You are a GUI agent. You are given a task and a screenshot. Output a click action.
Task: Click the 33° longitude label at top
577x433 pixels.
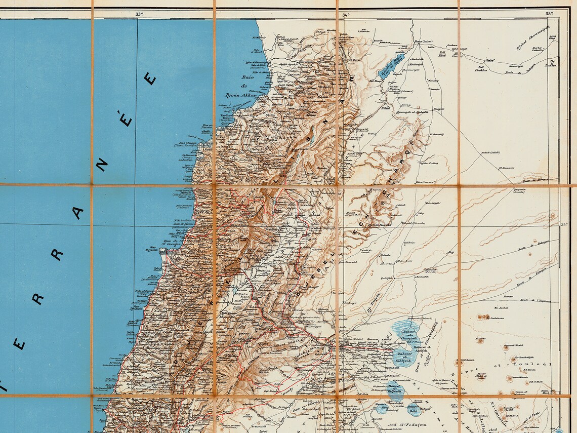point(139,14)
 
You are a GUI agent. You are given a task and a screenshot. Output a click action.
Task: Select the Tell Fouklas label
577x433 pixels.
point(481,68)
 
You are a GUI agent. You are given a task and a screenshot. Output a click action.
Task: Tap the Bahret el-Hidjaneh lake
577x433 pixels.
point(383,388)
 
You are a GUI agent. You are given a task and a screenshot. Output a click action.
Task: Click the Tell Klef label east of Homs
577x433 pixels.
point(442,53)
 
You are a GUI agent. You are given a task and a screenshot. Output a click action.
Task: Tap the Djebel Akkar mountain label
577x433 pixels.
point(312,113)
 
